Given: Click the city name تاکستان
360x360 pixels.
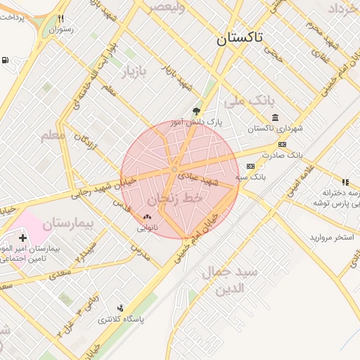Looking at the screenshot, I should [x=239, y=39].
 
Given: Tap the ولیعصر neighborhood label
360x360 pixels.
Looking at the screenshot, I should [x=166, y=7].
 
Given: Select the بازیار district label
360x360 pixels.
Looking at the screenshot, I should [x=135, y=72].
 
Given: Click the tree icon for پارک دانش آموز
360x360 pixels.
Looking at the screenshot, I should [x=196, y=111].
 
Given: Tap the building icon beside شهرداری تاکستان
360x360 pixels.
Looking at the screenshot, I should [x=274, y=117].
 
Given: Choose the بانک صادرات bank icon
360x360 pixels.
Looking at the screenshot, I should [x=283, y=144].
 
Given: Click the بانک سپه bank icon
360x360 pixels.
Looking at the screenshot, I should [x=250, y=166].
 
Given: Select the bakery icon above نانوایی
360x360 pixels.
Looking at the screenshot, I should [x=147, y=217].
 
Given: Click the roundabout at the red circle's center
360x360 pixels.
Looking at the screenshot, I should [x=174, y=169].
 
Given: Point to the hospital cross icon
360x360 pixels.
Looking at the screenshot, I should [x=23, y=238].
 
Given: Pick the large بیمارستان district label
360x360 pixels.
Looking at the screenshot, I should [x=67, y=225].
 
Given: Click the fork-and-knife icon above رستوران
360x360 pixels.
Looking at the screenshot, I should [x=61, y=19].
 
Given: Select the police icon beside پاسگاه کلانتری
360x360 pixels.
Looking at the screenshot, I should [x=121, y=307].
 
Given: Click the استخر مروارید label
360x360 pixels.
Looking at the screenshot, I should [x=331, y=238].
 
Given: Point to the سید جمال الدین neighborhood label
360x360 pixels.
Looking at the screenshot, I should [x=230, y=280].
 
